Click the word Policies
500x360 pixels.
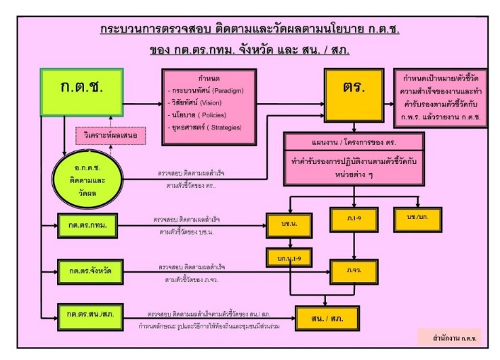(224, 115)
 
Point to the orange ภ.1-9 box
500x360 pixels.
(354, 219)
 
